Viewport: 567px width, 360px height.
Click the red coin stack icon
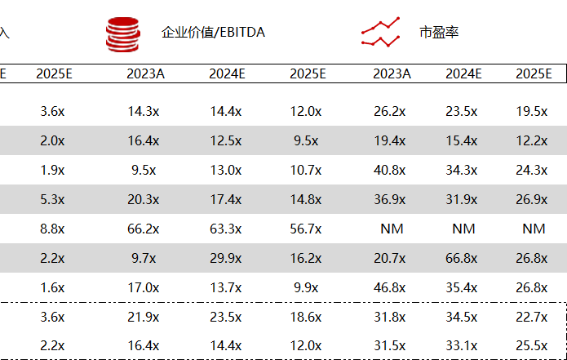(123, 34)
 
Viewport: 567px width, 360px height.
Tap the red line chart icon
(380, 32)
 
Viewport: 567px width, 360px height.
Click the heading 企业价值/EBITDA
(213, 32)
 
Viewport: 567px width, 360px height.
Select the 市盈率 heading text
(439, 32)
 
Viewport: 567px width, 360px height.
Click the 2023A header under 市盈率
(392, 73)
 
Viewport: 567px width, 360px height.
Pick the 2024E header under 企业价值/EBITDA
(227, 73)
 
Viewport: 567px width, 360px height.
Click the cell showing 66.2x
(144, 229)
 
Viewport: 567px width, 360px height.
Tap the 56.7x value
(306, 229)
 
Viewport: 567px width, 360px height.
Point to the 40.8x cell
(389, 170)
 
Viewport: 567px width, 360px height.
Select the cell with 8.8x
(52, 229)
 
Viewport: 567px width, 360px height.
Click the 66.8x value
(462, 258)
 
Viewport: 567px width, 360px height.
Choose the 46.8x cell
(389, 287)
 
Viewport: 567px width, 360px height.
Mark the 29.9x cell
(226, 258)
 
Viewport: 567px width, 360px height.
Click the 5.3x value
(52, 199)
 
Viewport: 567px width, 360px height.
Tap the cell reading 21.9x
(144, 318)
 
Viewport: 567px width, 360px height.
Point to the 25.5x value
(532, 346)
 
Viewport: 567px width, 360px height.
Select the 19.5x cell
(532, 112)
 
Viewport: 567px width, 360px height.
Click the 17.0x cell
(144, 287)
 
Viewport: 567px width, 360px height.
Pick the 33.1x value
(462, 346)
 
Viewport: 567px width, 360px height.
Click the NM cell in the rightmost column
(534, 229)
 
